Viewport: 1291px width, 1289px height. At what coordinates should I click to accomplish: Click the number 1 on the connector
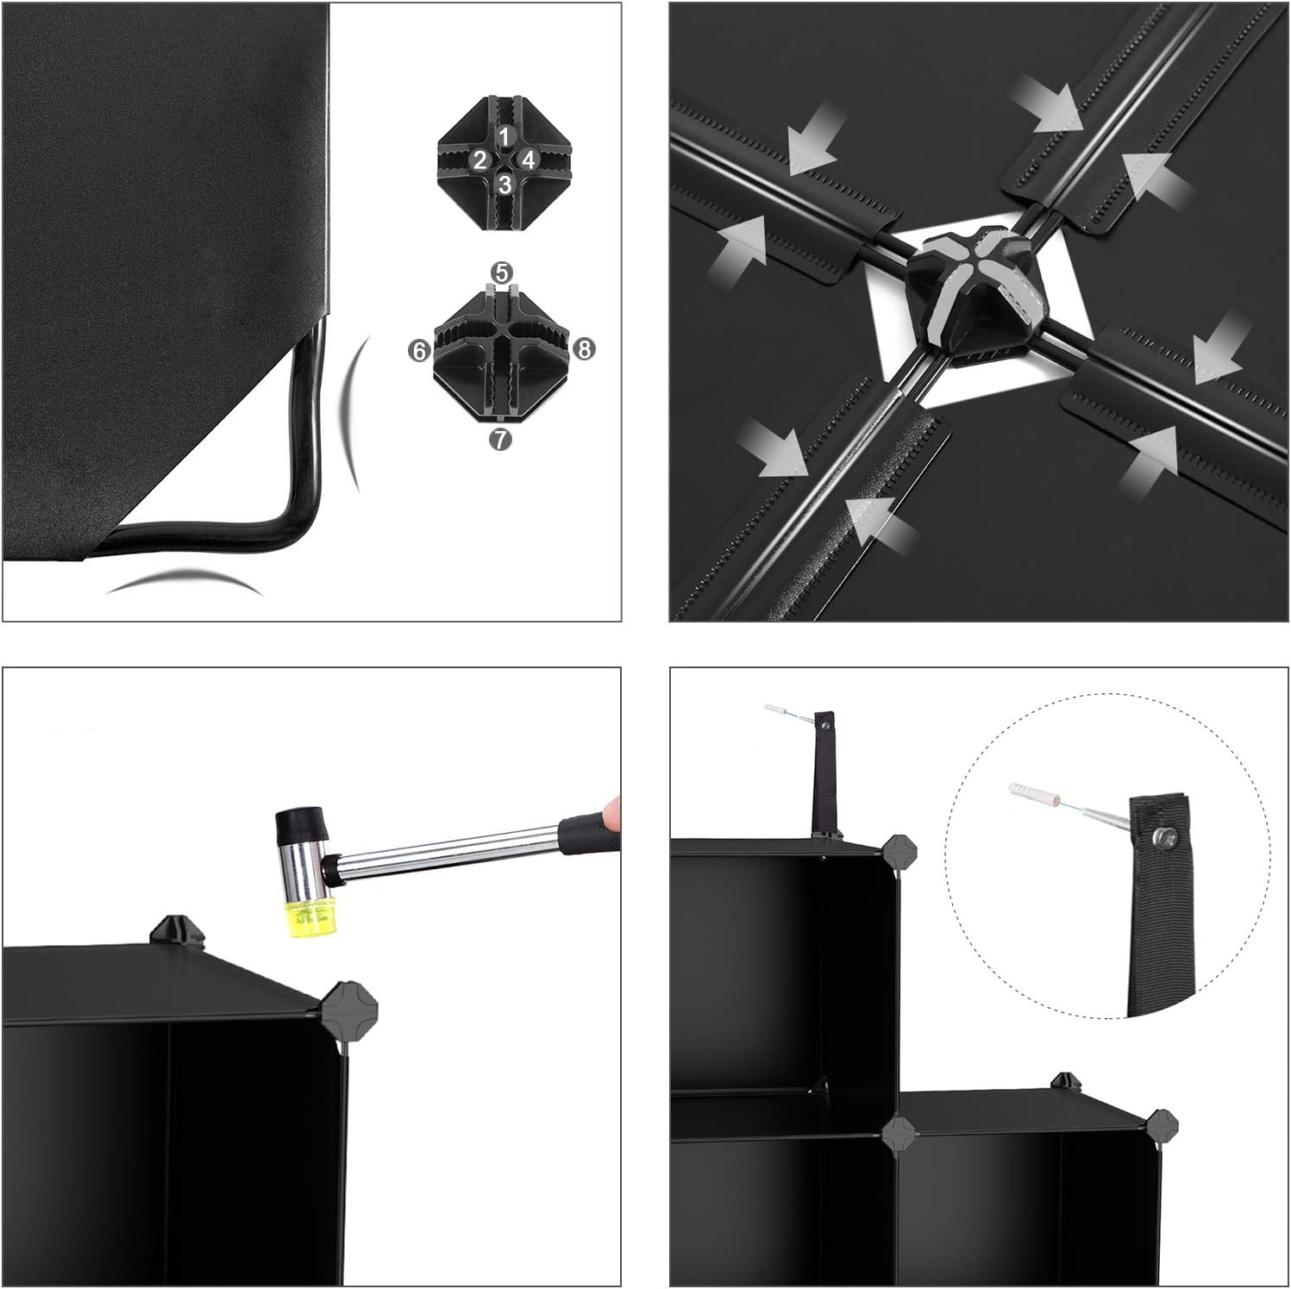point(505,135)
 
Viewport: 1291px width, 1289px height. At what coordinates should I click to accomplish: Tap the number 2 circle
point(480,160)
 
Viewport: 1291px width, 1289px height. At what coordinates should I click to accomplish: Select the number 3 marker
point(505,184)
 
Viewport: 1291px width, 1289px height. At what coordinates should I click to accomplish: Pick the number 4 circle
point(530,160)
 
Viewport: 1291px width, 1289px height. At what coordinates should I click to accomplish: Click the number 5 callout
point(501,273)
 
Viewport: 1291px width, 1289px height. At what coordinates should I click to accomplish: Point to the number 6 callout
point(420,350)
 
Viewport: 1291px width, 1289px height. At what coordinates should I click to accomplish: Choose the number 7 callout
point(500,439)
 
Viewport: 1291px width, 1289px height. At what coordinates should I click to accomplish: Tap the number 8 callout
point(584,349)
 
